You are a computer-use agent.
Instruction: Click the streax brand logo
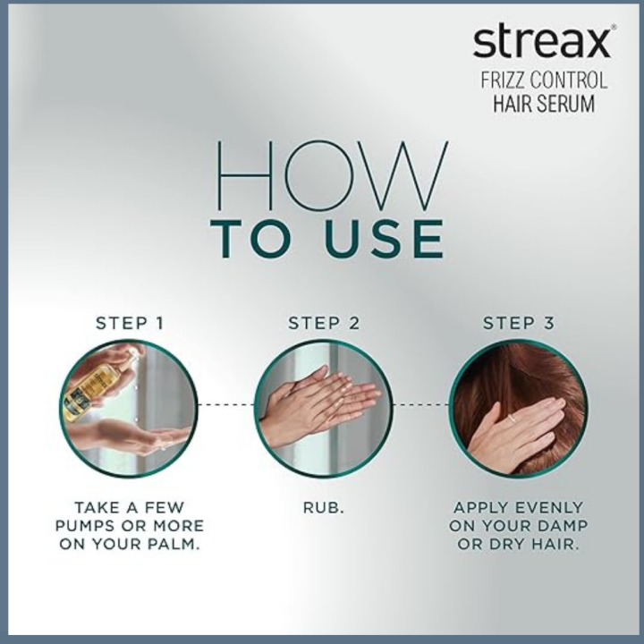[543, 42]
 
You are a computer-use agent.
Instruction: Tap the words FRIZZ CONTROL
[543, 80]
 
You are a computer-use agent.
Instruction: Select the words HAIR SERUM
[543, 104]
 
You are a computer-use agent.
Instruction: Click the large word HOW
[332, 177]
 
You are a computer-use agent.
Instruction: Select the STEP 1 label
[130, 323]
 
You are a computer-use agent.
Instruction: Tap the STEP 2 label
[323, 323]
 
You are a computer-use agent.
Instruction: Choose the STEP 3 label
[518, 323]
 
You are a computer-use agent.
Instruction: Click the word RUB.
[323, 507]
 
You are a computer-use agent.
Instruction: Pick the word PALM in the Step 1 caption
[170, 545]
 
